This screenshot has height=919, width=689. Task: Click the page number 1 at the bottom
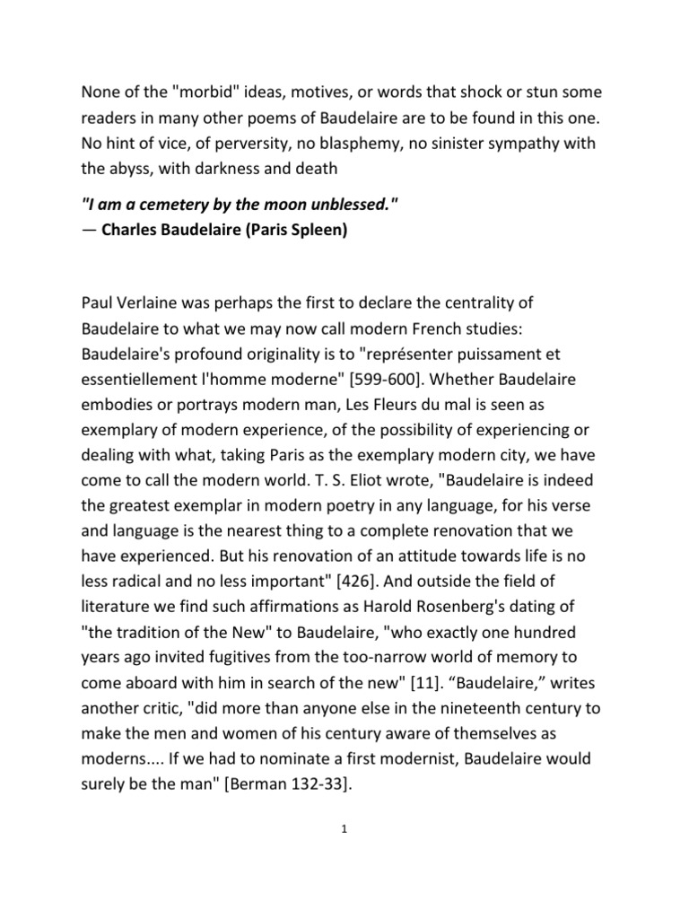point(344,830)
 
